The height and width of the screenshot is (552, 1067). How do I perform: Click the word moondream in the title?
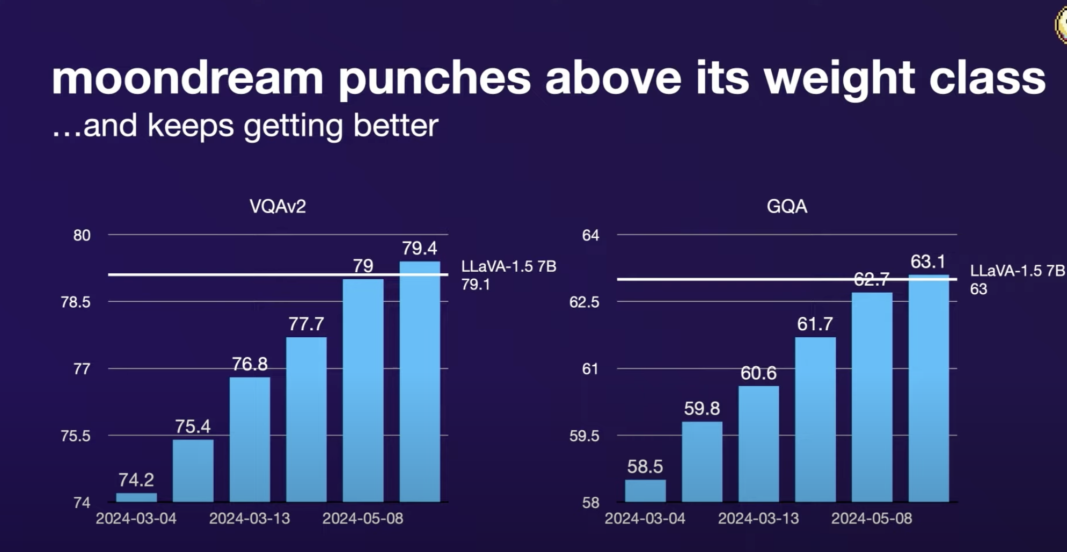click(187, 78)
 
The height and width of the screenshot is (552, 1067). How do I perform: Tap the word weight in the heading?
click(839, 78)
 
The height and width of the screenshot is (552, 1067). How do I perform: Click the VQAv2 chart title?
click(277, 206)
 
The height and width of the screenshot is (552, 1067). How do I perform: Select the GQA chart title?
click(786, 206)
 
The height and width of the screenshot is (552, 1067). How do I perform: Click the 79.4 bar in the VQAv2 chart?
click(420, 381)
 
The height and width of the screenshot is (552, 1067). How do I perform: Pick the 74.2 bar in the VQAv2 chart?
click(136, 498)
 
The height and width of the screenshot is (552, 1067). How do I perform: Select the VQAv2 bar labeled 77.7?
click(306, 419)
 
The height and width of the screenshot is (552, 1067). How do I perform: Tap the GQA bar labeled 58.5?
click(645, 491)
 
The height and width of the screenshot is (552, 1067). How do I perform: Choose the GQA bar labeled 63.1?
click(929, 388)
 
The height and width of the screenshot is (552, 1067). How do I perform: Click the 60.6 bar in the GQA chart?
click(758, 444)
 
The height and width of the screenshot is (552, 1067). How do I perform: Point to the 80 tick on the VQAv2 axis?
click(82, 235)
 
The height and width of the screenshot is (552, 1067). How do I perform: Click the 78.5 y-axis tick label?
click(75, 302)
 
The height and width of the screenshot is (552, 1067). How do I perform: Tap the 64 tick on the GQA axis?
click(590, 235)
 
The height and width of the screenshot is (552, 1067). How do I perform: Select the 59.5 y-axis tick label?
click(584, 436)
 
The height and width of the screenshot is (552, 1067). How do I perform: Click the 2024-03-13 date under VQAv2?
click(249, 519)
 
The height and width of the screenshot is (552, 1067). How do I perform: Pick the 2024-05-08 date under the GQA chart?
click(871, 519)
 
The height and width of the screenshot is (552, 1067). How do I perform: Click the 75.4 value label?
click(193, 426)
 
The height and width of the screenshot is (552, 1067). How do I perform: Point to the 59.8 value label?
click(701, 409)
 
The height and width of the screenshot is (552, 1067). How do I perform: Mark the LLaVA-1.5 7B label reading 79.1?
click(508, 275)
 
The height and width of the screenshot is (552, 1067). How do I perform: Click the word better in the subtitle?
click(396, 126)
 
